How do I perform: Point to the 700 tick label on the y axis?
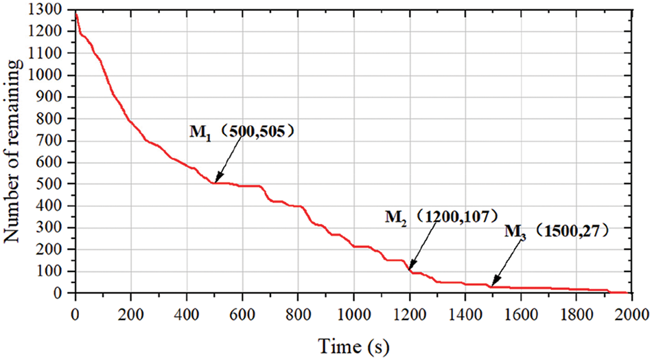pos(54,141)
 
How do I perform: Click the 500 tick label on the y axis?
pos(54,184)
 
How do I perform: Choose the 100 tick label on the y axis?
pos(54,271)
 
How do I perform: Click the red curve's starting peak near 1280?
pos(75,13)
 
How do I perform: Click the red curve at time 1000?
pos(353,245)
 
